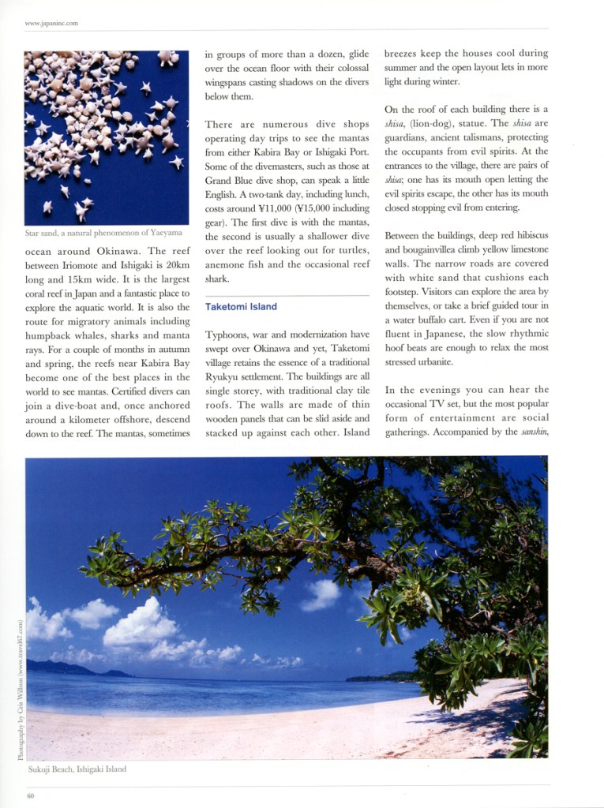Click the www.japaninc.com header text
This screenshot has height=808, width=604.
[x=51, y=23]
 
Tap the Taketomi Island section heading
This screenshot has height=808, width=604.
[x=241, y=306]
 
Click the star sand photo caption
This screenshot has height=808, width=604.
[x=103, y=233]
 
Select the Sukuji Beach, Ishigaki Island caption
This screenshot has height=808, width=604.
[x=76, y=768]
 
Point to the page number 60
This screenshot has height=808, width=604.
[x=30, y=795]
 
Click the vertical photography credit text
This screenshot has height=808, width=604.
[x=19, y=689]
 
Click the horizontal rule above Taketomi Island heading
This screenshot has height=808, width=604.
[x=287, y=294]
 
